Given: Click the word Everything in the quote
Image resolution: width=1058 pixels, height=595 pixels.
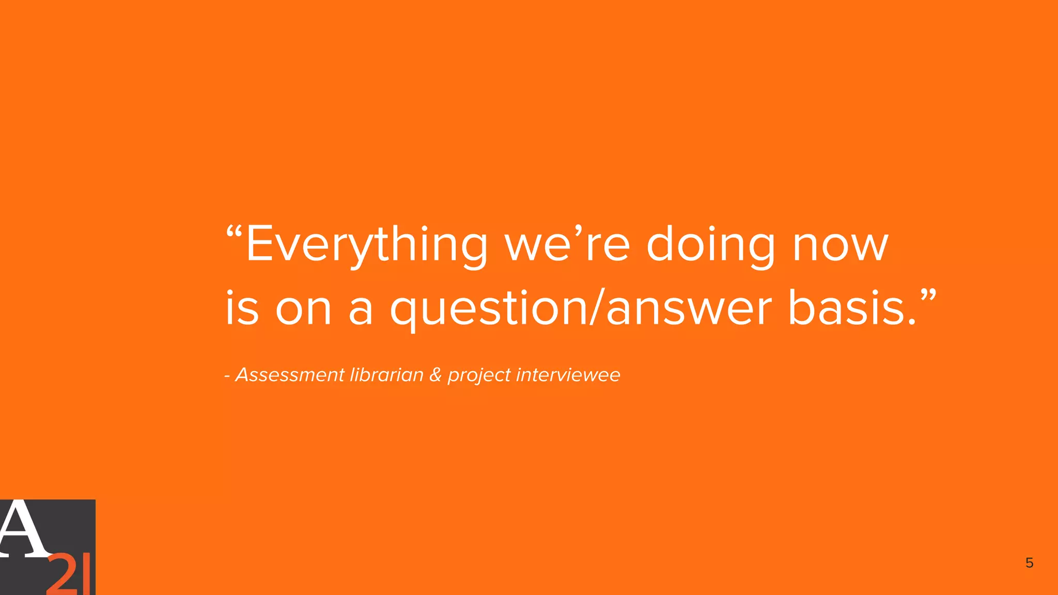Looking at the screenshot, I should [366, 245].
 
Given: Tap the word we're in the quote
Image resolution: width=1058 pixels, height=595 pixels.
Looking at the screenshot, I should [567, 245].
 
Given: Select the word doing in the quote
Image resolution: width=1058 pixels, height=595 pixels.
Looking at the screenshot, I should [711, 245].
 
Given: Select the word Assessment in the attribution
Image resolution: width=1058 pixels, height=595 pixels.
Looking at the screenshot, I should [290, 374].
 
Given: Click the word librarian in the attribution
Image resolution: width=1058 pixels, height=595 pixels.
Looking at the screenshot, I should [386, 374].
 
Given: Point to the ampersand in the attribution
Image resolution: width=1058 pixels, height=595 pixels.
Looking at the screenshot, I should [435, 375].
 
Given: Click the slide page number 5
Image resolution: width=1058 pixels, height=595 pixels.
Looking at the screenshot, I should [1029, 563].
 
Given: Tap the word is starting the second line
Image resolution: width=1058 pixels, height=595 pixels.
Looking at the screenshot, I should [242, 309].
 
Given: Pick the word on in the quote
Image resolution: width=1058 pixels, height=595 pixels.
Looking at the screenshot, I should [303, 309].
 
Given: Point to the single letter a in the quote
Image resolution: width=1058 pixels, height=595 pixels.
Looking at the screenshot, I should [361, 309].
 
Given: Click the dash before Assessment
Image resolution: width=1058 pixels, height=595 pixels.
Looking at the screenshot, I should [227, 376].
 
